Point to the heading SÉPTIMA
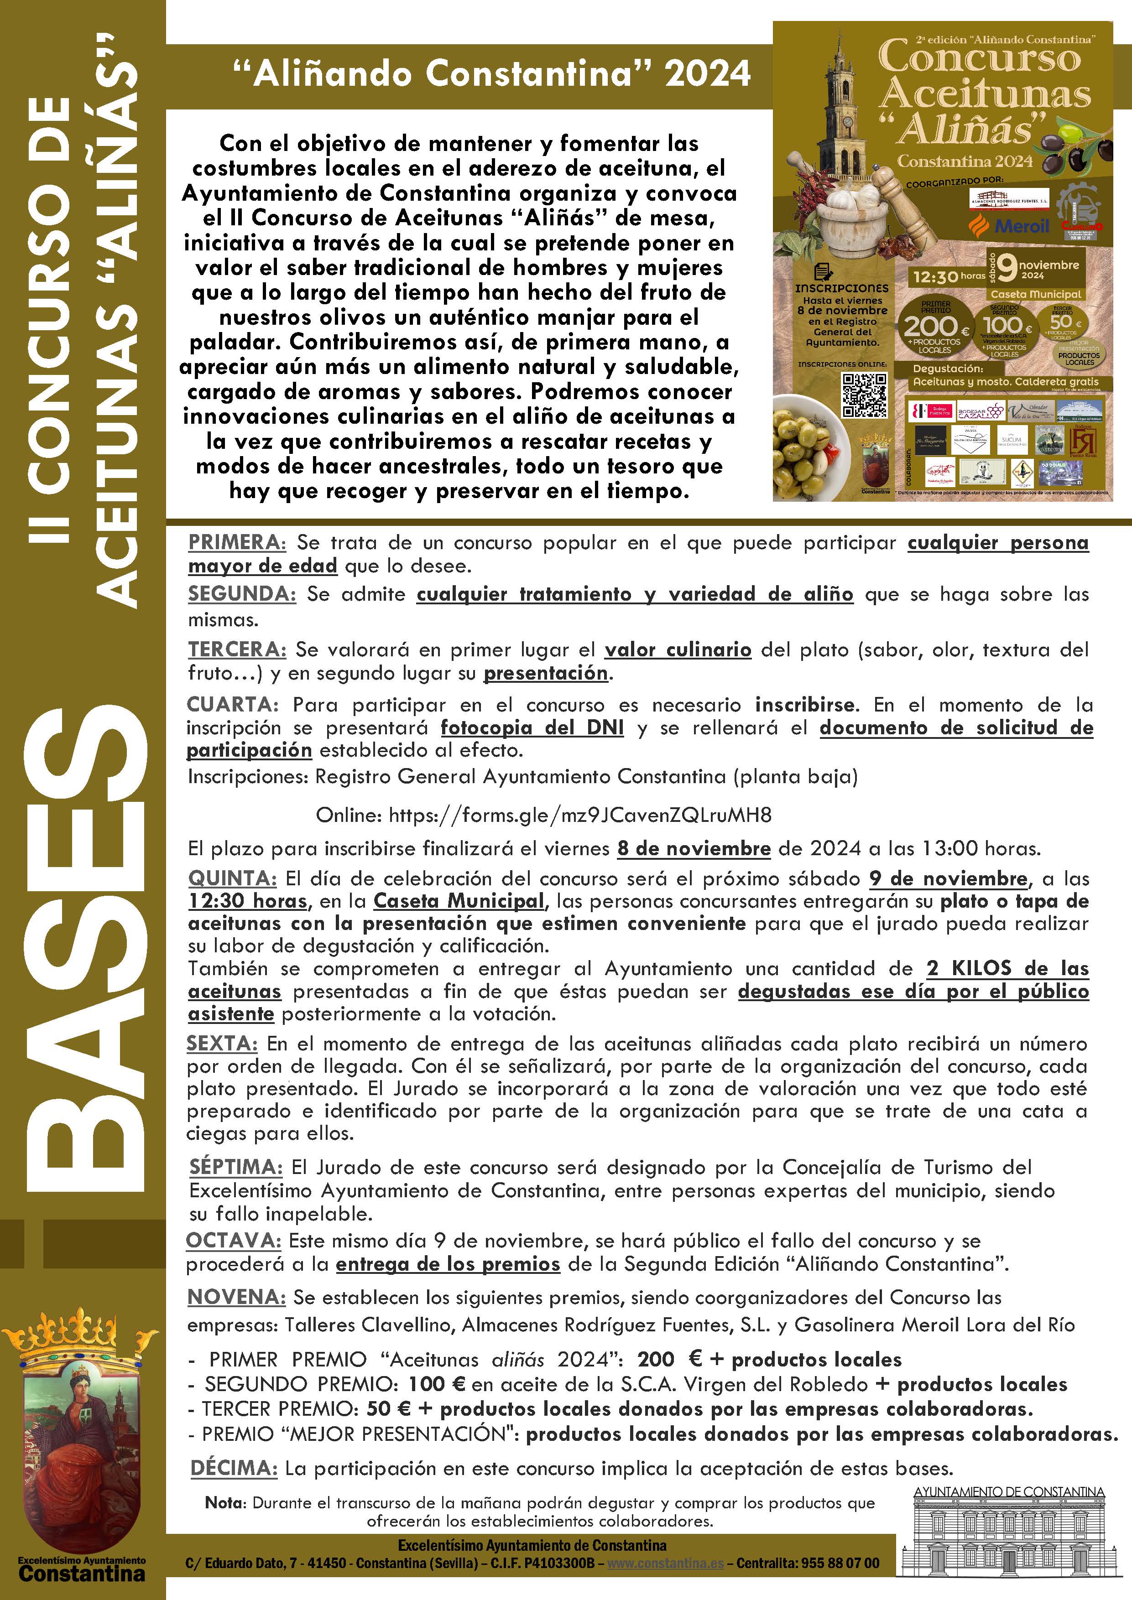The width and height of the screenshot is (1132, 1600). (235, 1167)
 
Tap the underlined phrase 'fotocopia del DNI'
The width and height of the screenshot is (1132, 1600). (532, 727)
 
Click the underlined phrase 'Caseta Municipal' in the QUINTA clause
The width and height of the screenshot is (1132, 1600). (458, 901)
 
